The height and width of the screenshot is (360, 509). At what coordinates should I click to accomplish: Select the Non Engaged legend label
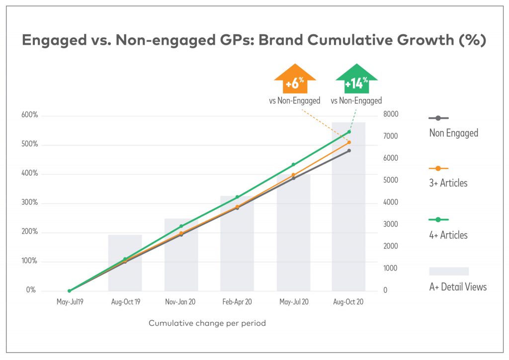[453, 133]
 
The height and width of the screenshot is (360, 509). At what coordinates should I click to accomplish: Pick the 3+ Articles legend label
[448, 183]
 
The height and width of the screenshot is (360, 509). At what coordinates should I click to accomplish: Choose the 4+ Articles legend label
[448, 235]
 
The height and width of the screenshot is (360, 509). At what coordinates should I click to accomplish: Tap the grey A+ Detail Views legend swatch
[449, 271]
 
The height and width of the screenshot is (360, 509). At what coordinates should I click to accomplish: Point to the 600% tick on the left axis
[29, 115]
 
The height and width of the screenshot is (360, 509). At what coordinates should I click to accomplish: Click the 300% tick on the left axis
[29, 203]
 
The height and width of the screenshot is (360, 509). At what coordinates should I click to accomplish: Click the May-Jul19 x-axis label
[69, 302]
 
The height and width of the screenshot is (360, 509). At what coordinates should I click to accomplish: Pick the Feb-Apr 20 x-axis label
[237, 302]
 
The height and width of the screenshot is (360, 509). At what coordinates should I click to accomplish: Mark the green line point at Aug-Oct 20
[349, 132]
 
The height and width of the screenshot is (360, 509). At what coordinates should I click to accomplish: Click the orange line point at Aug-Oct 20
[349, 143]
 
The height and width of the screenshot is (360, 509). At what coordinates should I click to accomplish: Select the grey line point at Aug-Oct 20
[349, 151]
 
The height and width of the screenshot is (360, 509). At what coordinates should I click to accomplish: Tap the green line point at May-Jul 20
[293, 165]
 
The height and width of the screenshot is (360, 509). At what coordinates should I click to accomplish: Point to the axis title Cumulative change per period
[207, 323]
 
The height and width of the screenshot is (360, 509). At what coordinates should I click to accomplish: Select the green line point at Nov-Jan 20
[181, 226]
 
